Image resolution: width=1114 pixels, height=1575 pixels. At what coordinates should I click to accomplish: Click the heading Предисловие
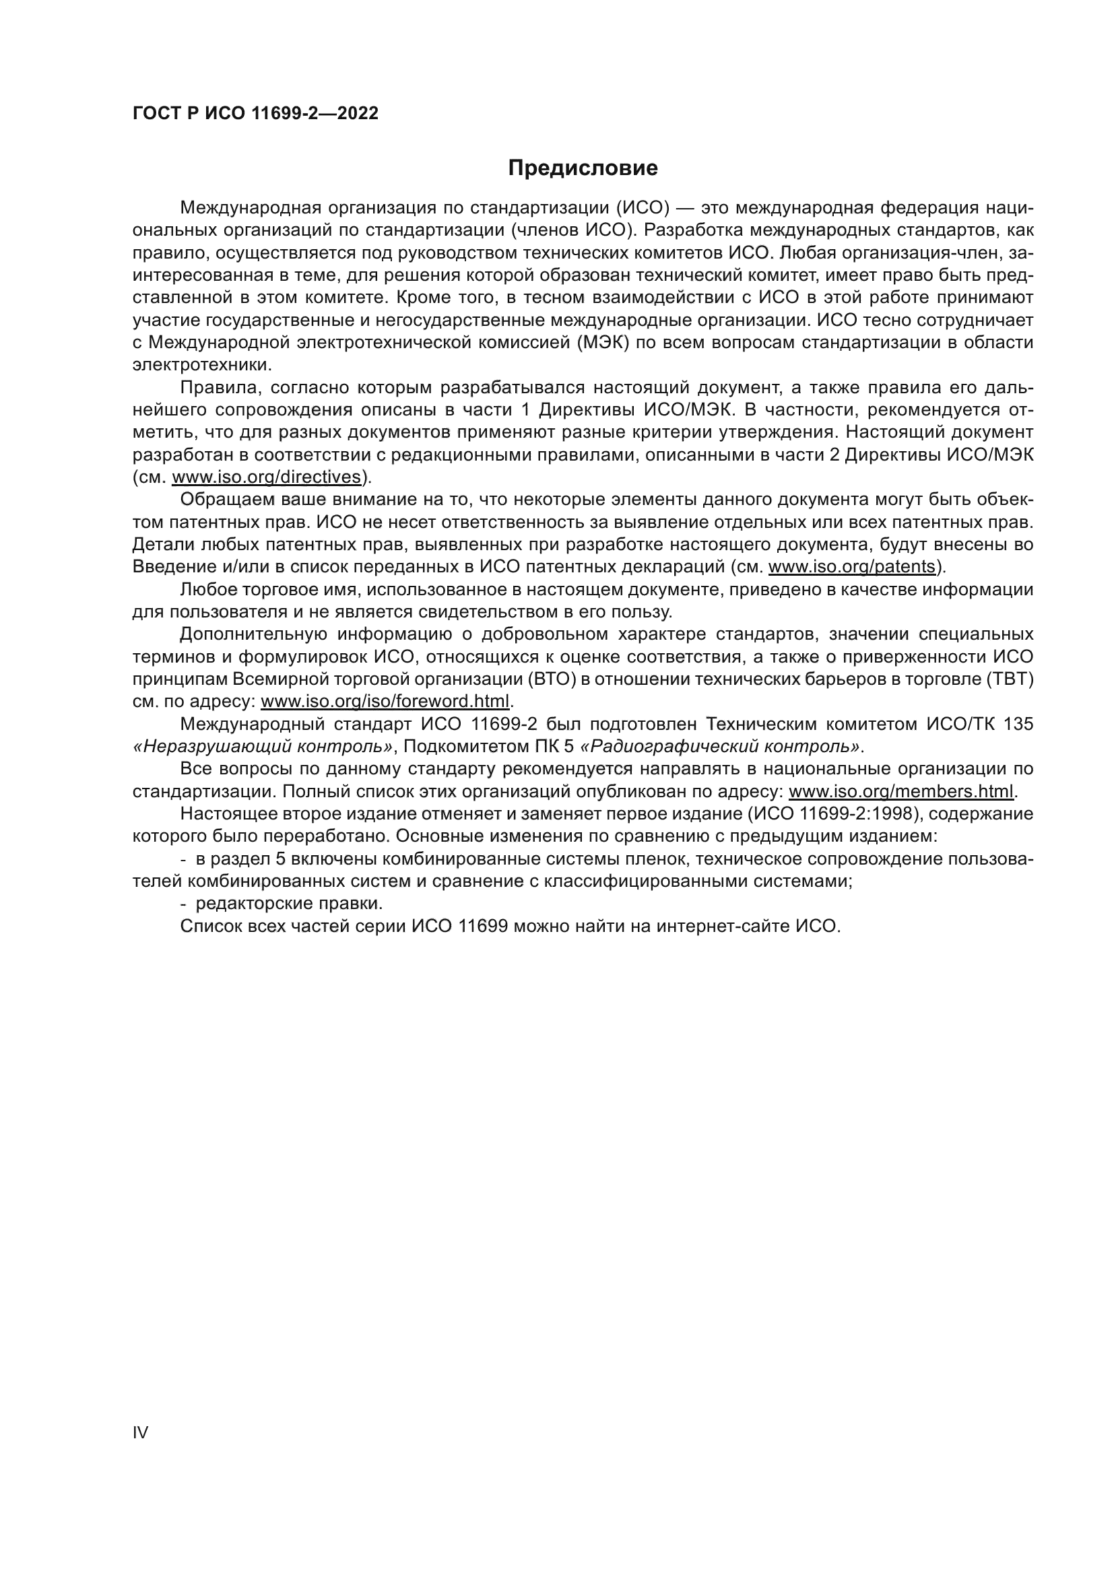[x=583, y=168]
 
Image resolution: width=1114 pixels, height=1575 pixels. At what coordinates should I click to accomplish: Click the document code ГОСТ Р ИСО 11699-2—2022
[x=255, y=114]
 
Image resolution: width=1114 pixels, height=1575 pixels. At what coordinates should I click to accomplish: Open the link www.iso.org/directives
[x=266, y=477]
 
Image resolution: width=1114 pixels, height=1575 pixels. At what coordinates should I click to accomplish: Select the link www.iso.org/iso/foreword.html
[x=385, y=701]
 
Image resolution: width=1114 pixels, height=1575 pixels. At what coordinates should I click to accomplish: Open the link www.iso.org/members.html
[x=900, y=791]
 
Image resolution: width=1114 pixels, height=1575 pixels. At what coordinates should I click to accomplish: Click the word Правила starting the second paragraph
[x=220, y=388]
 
